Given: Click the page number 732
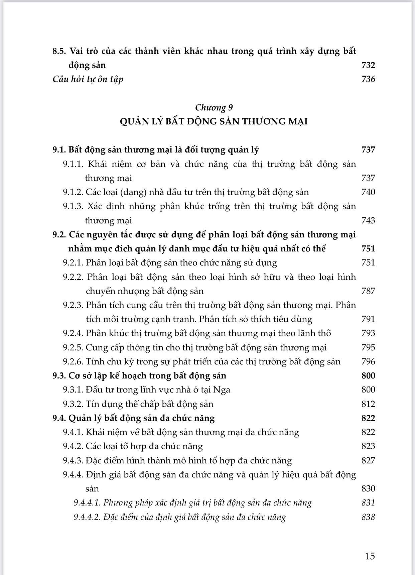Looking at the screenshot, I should click(x=368, y=65).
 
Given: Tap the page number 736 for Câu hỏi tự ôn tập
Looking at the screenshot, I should click(x=368, y=79).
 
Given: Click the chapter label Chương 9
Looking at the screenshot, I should click(x=214, y=108).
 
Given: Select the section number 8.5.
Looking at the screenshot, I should click(x=60, y=51).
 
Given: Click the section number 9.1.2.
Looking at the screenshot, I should click(x=73, y=192).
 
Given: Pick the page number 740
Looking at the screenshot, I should click(x=368, y=192).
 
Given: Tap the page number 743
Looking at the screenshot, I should click(x=368, y=221).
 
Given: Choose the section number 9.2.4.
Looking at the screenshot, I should click(x=73, y=333).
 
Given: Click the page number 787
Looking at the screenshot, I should click(x=368, y=291).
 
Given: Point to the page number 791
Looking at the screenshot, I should click(x=368, y=319).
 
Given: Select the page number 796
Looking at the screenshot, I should click(x=368, y=362).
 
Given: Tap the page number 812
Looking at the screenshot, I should click(x=368, y=404).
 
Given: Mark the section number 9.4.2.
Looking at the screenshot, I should click(x=73, y=446).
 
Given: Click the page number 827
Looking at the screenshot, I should click(x=368, y=461).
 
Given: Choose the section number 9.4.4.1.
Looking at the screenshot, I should click(x=87, y=503).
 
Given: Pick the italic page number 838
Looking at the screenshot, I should click(x=368, y=517).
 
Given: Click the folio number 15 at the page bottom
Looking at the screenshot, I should click(x=370, y=556).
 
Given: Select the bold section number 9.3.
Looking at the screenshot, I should click(x=59, y=376).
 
